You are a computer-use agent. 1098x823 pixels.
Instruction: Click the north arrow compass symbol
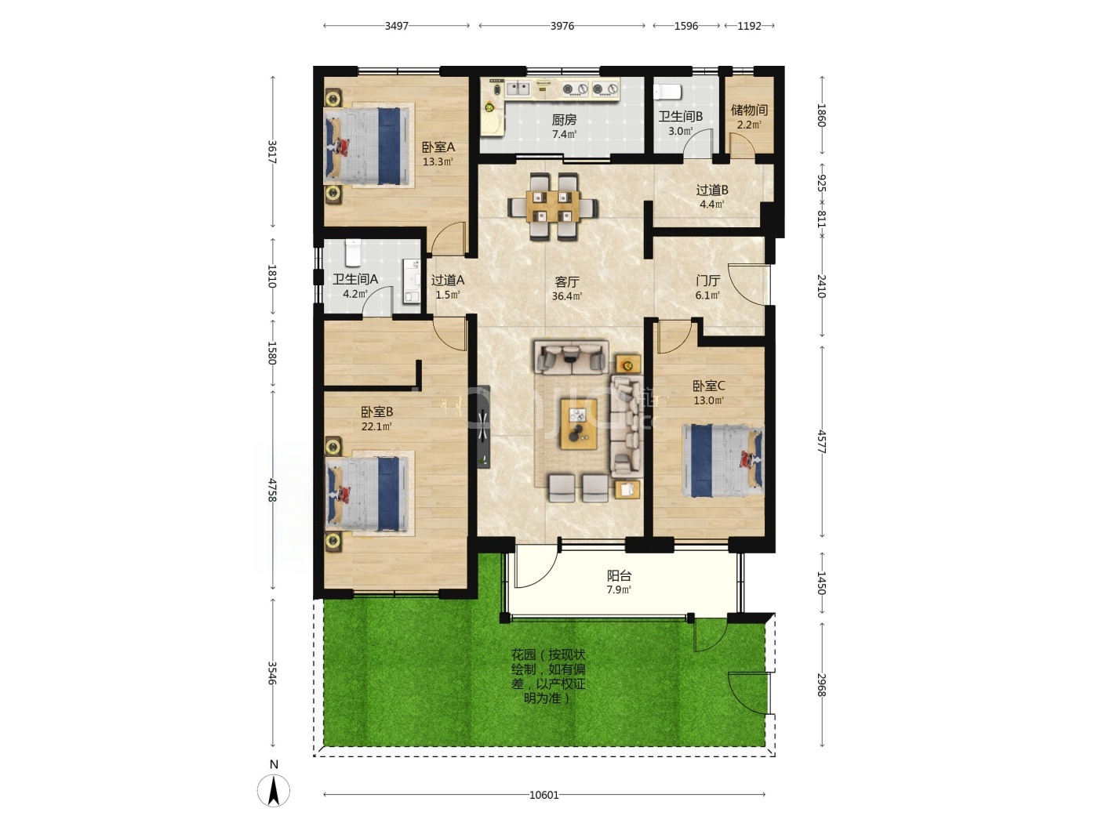point(273,790)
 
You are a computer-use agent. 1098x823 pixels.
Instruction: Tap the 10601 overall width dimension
point(544,795)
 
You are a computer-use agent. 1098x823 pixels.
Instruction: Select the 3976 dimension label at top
point(562,26)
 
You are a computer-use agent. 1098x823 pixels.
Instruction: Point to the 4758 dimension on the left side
point(272,490)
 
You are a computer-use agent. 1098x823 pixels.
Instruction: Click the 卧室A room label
point(438,147)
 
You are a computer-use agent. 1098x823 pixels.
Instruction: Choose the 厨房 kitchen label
point(564,120)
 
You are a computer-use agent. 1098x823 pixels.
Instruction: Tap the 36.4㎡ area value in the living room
point(566,295)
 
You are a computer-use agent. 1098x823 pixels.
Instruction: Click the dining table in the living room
point(553,206)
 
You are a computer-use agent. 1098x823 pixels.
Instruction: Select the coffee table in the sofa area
point(579,424)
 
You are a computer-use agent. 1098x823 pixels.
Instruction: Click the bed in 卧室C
point(723,461)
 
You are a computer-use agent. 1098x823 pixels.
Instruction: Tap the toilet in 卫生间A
point(353,253)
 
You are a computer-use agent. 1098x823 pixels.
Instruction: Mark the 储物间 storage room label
point(749,110)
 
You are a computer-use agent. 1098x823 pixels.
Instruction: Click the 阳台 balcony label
point(619,575)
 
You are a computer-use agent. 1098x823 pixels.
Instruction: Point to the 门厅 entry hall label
point(707,281)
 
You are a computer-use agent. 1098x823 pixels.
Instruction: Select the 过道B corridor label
point(712,190)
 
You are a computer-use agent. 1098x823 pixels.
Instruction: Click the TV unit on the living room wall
point(483,426)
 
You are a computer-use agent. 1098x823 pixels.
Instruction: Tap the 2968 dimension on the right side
point(821,685)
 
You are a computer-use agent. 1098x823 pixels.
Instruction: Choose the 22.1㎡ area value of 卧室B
point(376,426)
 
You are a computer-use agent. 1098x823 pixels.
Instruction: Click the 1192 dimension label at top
point(749,26)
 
